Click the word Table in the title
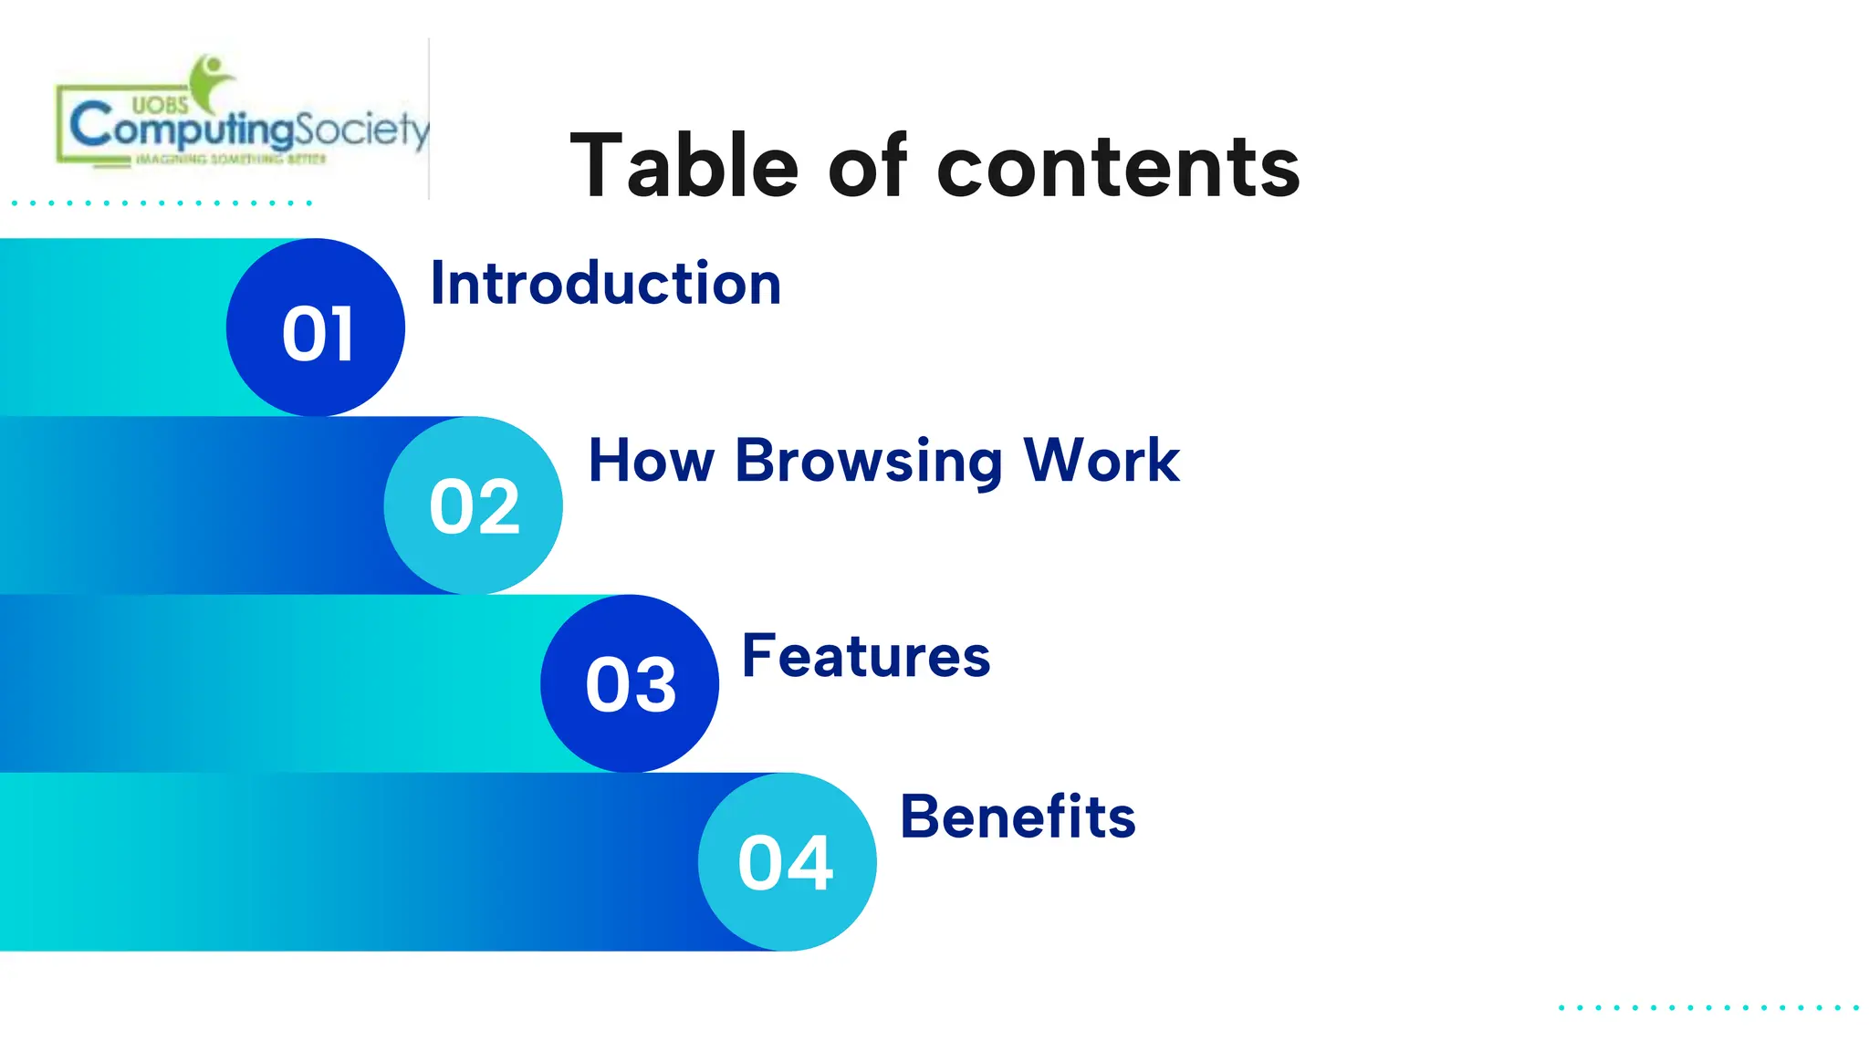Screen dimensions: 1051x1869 [x=684, y=166]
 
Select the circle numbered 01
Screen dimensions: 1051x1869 [x=316, y=328]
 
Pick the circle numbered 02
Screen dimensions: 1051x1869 [x=474, y=506]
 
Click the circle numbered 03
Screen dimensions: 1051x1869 [x=630, y=684]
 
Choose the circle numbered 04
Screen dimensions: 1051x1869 [x=787, y=862]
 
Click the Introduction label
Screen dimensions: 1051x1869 [x=605, y=284]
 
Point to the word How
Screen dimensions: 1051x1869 [x=651, y=461]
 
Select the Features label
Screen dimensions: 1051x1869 [x=865, y=656]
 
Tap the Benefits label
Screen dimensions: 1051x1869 [x=1018, y=817]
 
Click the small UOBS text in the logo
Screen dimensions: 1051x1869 [x=160, y=105]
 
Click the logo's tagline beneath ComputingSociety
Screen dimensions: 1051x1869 [x=230, y=160]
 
